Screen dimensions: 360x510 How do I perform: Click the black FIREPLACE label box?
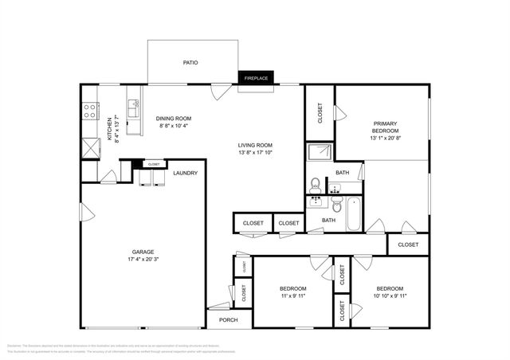(256, 78)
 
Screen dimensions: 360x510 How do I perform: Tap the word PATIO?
(190, 62)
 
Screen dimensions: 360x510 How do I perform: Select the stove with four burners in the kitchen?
(89, 110)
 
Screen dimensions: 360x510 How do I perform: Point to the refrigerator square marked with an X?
(88, 148)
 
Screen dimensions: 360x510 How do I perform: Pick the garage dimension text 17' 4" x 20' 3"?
(143, 259)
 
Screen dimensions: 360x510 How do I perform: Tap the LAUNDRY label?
(185, 173)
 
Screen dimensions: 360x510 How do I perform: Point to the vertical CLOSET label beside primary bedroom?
(320, 112)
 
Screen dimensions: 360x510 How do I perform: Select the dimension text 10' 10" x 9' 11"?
(390, 296)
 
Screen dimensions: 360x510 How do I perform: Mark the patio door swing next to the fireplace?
(222, 91)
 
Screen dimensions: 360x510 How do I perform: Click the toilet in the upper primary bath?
(316, 182)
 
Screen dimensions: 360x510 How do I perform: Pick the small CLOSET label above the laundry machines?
(154, 164)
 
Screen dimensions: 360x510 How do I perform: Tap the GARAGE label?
(143, 251)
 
